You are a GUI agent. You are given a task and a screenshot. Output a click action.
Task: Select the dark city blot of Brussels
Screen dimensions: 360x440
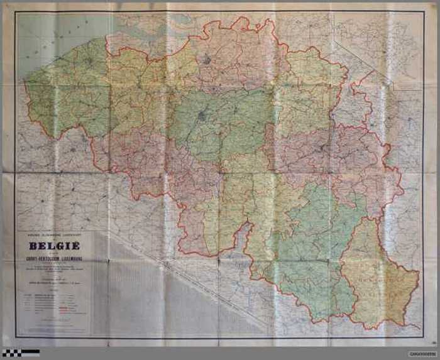[x=201, y=116]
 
